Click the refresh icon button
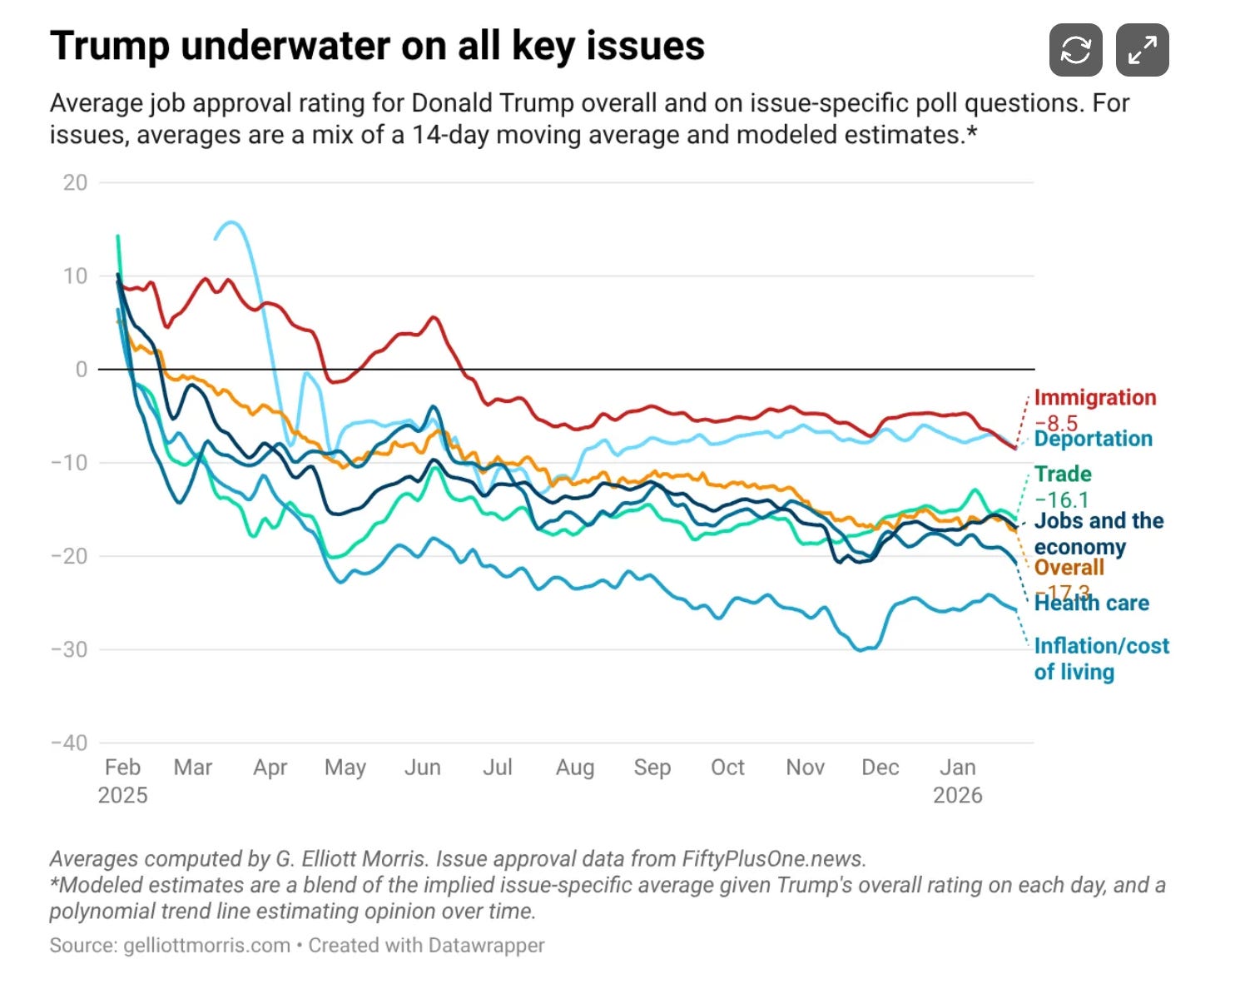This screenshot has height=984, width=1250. (x=1075, y=50)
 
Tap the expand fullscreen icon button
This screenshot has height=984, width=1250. (x=1142, y=50)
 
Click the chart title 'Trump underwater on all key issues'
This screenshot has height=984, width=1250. (x=377, y=46)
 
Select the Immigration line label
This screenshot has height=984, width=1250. (x=1094, y=398)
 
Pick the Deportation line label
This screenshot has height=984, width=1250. (x=1094, y=439)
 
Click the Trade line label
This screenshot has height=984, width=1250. (x=1063, y=475)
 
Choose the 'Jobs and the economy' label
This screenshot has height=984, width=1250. (x=1099, y=534)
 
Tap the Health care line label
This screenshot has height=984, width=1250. (x=1092, y=603)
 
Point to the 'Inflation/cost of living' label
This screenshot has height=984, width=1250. (x=1101, y=658)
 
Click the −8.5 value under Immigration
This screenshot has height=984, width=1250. (x=1055, y=422)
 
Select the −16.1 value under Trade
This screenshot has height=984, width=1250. (x=1061, y=499)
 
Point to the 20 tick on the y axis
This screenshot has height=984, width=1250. (x=75, y=182)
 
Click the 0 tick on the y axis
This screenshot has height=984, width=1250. (x=81, y=369)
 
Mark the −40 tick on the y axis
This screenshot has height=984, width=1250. (x=69, y=743)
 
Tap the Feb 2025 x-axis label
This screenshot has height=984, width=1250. (x=122, y=781)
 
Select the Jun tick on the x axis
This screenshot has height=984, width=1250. (x=422, y=768)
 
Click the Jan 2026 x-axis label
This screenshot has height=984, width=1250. (x=957, y=781)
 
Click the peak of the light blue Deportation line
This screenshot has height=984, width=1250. (x=231, y=222)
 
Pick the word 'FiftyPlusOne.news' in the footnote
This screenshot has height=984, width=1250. (x=772, y=859)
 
